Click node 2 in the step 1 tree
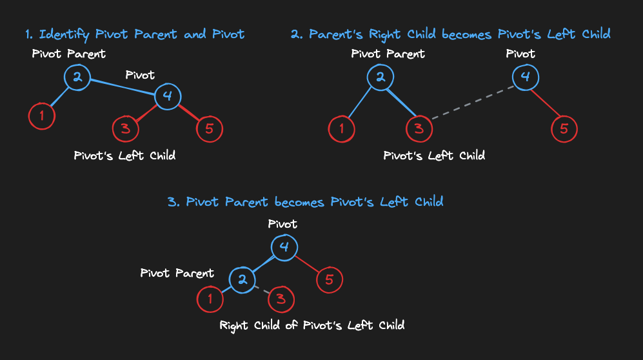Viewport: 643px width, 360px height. click(x=77, y=77)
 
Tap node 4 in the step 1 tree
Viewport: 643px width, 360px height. click(x=168, y=96)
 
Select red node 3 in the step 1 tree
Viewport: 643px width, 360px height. click(x=126, y=129)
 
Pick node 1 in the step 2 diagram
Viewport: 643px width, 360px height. click(x=341, y=129)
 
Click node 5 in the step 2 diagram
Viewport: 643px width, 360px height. click(x=564, y=129)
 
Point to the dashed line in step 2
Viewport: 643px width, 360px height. click(x=473, y=103)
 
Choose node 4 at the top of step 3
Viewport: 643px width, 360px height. click(x=284, y=247)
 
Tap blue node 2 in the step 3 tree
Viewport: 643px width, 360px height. click(x=242, y=279)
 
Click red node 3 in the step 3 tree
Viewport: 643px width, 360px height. click(x=281, y=299)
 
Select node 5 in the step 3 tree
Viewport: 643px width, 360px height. click(x=330, y=279)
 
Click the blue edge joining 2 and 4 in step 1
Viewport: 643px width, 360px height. click(x=123, y=87)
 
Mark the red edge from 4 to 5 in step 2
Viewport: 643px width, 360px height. click(x=546, y=103)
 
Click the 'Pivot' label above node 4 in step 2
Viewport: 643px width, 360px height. click(x=520, y=54)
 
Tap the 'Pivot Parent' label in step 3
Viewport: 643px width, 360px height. click(x=177, y=273)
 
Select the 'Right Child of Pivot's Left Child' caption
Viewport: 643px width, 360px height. click(x=312, y=326)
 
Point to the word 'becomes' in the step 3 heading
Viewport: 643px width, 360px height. click(x=299, y=202)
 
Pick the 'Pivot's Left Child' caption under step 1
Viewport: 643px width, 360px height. click(x=124, y=155)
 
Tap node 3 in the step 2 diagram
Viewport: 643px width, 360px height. click(x=419, y=129)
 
